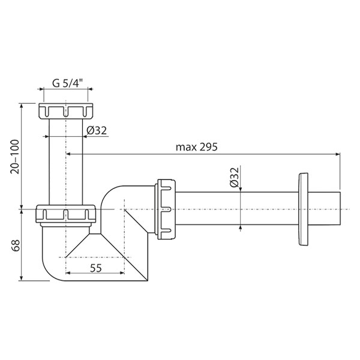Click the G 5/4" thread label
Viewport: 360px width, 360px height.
tap(67, 83)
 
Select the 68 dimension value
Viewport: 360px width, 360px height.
tap(16, 245)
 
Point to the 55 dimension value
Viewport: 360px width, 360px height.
tap(96, 268)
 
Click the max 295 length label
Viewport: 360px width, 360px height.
tap(196, 147)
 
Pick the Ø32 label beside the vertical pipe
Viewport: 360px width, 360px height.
tap(97, 131)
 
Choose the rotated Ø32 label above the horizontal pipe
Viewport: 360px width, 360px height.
tap(235, 178)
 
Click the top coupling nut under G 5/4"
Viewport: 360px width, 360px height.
tap(66, 111)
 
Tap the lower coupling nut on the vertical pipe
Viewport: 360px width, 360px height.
tap(65, 215)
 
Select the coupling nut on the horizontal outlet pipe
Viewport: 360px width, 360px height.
tap(166, 209)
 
